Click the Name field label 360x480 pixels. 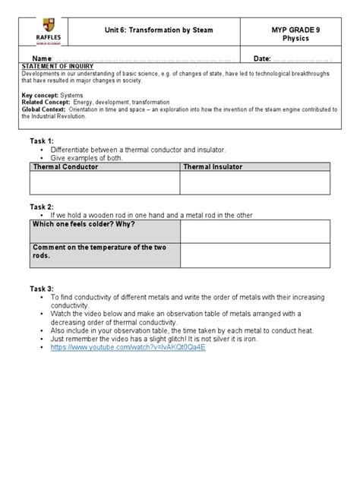pos(39,59)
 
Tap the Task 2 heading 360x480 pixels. pos(41,207)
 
